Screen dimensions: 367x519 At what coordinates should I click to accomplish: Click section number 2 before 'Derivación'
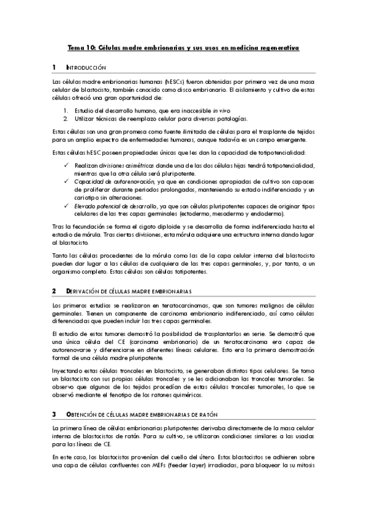(x=54, y=290)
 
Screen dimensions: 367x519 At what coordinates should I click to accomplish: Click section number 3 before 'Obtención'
(x=54, y=414)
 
